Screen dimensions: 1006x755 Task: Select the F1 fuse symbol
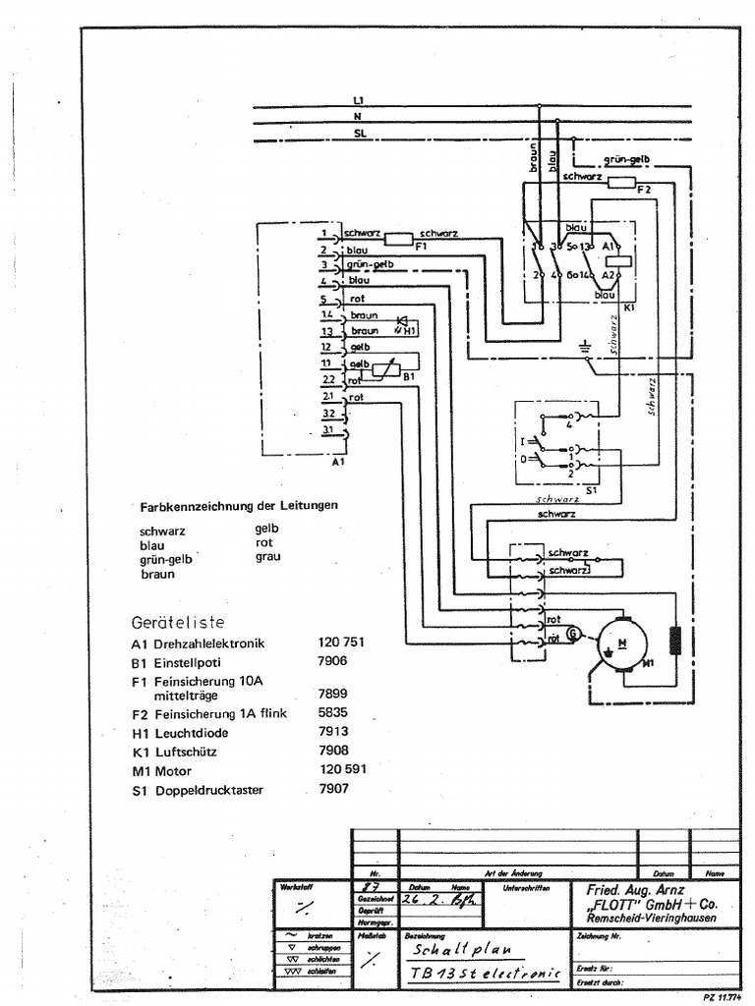(x=398, y=238)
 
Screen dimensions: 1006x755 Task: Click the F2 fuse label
(x=644, y=188)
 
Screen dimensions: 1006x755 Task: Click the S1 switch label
(x=590, y=488)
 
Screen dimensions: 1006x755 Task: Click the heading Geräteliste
(x=178, y=623)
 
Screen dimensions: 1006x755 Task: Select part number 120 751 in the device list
(x=341, y=643)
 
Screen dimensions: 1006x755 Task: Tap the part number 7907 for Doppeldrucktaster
(x=333, y=788)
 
